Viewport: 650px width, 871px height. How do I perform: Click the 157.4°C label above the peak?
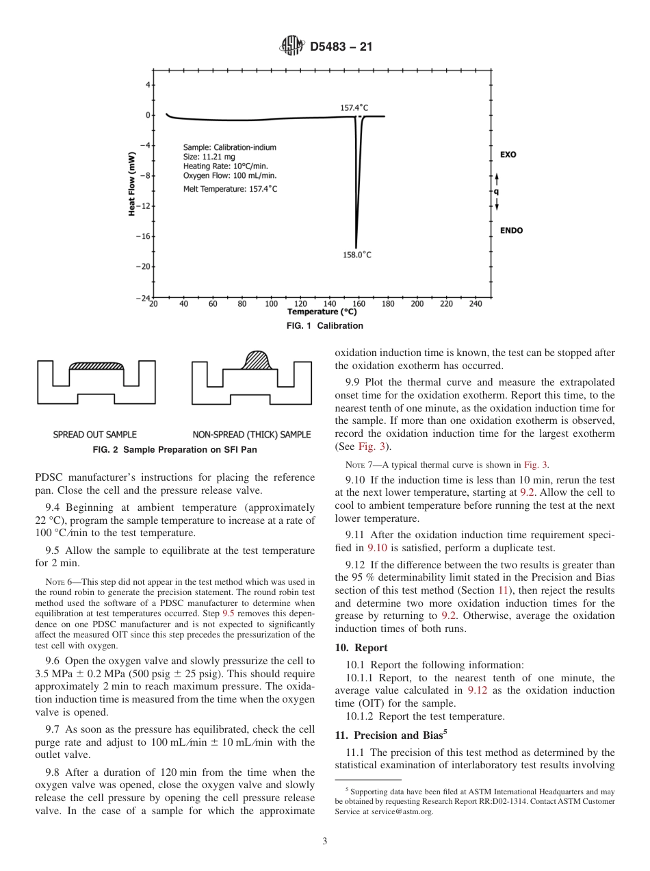pyautogui.click(x=354, y=108)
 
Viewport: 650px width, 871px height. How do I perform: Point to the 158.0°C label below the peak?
pyautogui.click(x=356, y=255)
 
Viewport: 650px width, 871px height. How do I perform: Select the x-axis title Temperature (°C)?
pyautogui.click(x=322, y=312)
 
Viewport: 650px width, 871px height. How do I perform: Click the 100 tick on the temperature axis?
pyautogui.click(x=272, y=304)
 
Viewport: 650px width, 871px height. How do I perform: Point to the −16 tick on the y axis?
pyautogui.click(x=144, y=236)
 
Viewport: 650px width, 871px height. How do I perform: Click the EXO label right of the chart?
pyautogui.click(x=508, y=155)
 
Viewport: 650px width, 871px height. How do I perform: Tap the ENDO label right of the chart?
pyautogui.click(x=511, y=231)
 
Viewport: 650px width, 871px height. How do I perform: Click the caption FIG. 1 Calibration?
pyautogui.click(x=324, y=326)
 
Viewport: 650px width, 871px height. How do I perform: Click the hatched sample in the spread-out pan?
pyautogui.click(x=96, y=366)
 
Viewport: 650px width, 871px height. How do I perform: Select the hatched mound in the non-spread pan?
pyautogui.click(x=257, y=359)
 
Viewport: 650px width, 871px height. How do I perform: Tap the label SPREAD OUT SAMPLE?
pyautogui.click(x=95, y=435)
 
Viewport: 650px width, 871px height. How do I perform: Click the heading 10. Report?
pyautogui.click(x=361, y=648)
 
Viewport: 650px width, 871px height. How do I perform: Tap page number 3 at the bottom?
pyautogui.click(x=325, y=842)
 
